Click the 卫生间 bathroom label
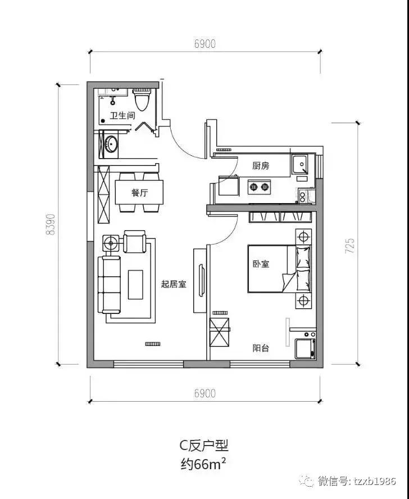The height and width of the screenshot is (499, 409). click(122, 116)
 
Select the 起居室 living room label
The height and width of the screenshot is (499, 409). click(174, 285)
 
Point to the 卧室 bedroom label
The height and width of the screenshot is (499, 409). click(261, 263)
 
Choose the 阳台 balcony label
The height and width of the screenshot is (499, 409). click(261, 348)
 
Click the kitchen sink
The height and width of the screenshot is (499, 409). click(300, 164)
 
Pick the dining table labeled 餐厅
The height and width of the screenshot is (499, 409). click(139, 192)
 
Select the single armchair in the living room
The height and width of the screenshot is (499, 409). click(134, 242)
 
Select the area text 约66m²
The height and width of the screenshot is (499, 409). click(204, 464)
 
